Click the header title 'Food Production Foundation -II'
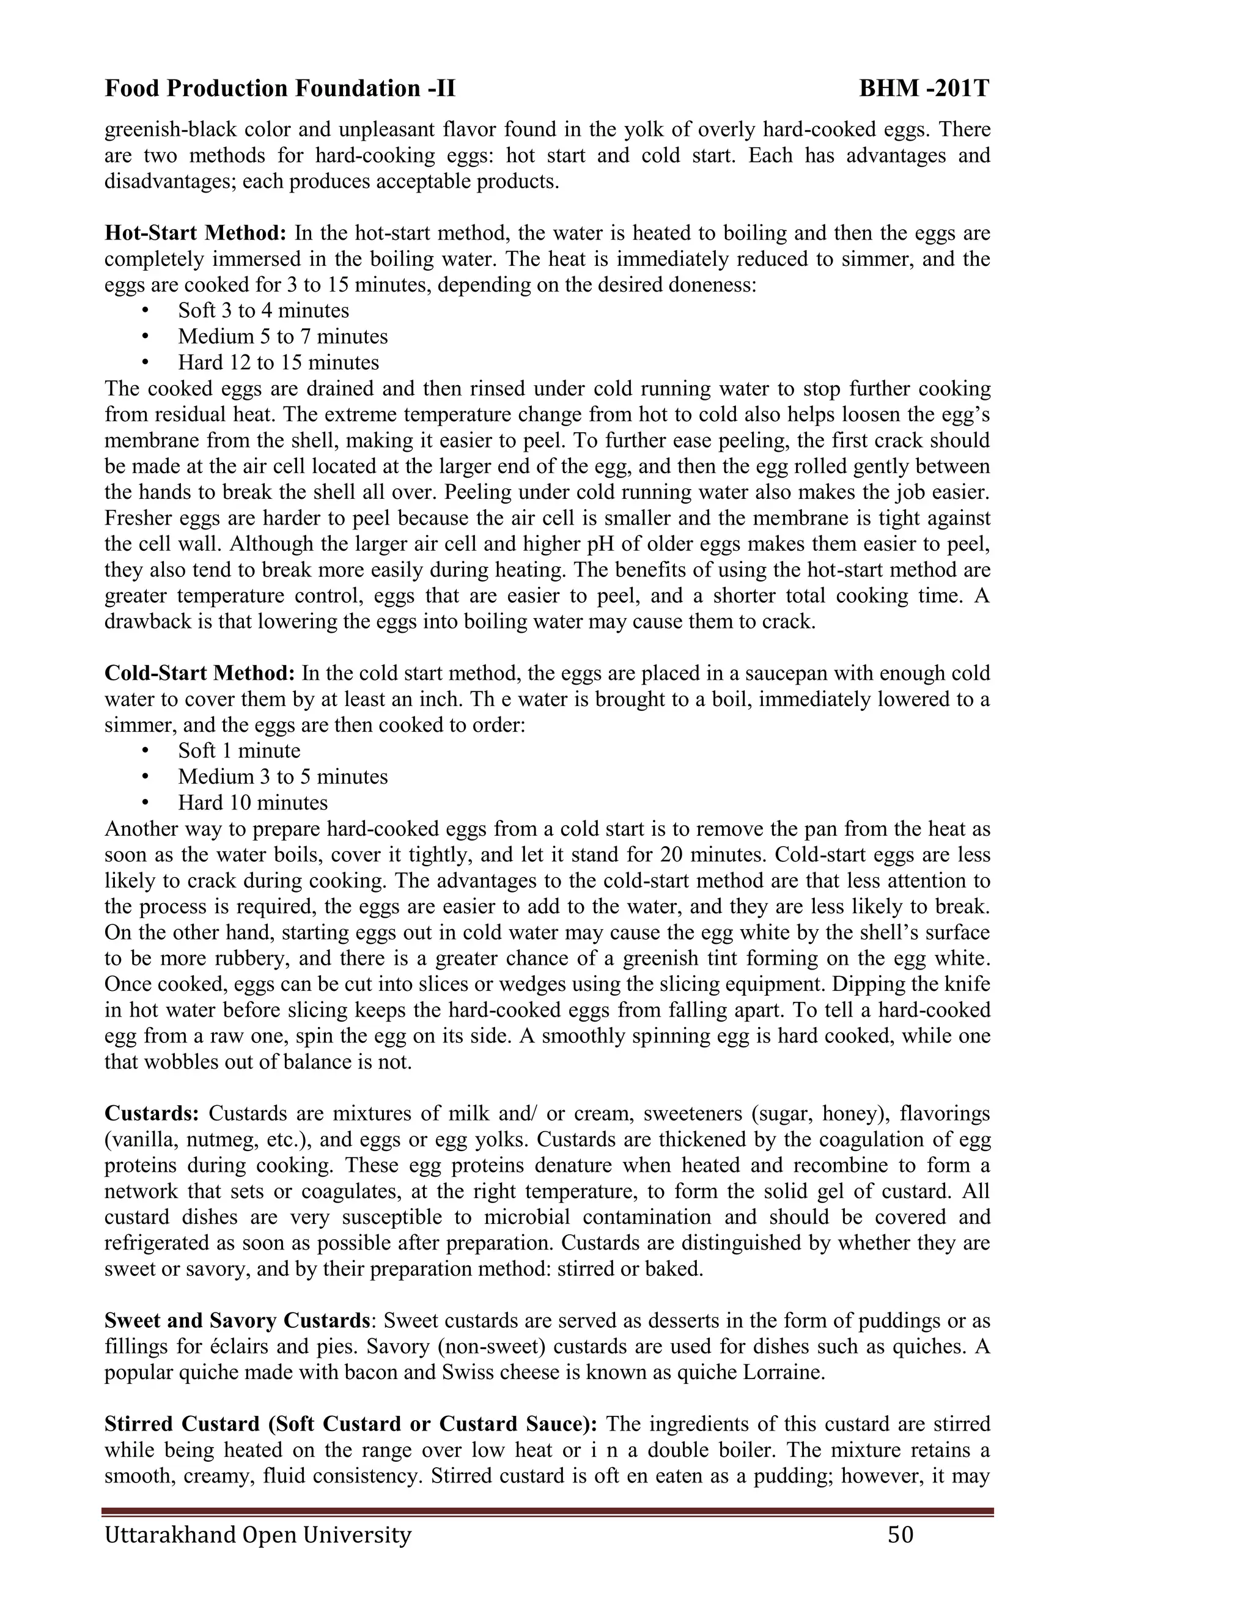(x=279, y=89)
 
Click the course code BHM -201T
(x=924, y=89)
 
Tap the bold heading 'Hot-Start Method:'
(x=195, y=234)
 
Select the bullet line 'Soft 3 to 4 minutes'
(x=263, y=311)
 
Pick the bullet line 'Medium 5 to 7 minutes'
(x=282, y=337)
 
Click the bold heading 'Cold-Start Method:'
(x=199, y=674)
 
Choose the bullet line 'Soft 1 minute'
(x=239, y=751)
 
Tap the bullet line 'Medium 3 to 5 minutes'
(x=282, y=778)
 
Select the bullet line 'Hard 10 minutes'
(x=252, y=803)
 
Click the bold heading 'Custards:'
(x=152, y=1114)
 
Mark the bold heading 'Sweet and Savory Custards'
(x=237, y=1321)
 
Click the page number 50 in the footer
(x=900, y=1534)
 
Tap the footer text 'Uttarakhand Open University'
(x=257, y=1534)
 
